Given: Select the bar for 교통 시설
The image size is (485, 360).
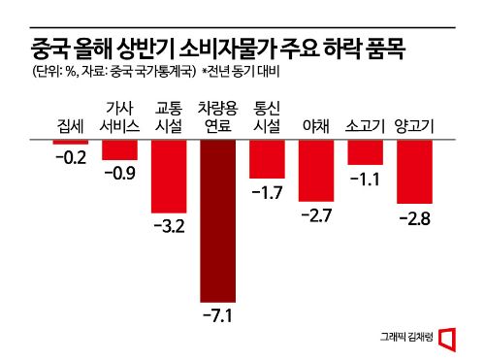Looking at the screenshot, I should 169,177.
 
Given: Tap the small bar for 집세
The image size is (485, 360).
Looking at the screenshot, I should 70,142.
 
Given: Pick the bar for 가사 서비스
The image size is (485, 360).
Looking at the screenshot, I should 119,149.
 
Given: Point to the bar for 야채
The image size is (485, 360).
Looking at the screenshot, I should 316,171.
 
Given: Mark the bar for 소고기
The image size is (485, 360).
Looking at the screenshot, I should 366,152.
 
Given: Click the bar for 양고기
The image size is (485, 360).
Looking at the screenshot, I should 414,172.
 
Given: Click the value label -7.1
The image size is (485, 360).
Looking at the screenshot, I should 217,316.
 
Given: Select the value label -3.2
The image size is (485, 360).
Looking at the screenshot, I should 169,227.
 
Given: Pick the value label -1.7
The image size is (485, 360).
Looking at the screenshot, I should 267,192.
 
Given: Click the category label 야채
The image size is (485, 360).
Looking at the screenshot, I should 316,126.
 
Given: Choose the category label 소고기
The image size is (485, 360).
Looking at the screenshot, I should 366,126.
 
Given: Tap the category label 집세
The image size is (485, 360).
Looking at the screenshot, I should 70,126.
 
